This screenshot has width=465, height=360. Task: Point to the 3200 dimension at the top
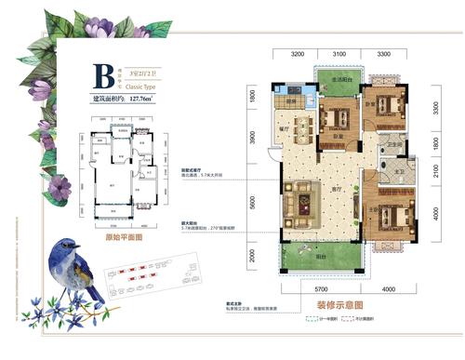pos(298,56)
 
